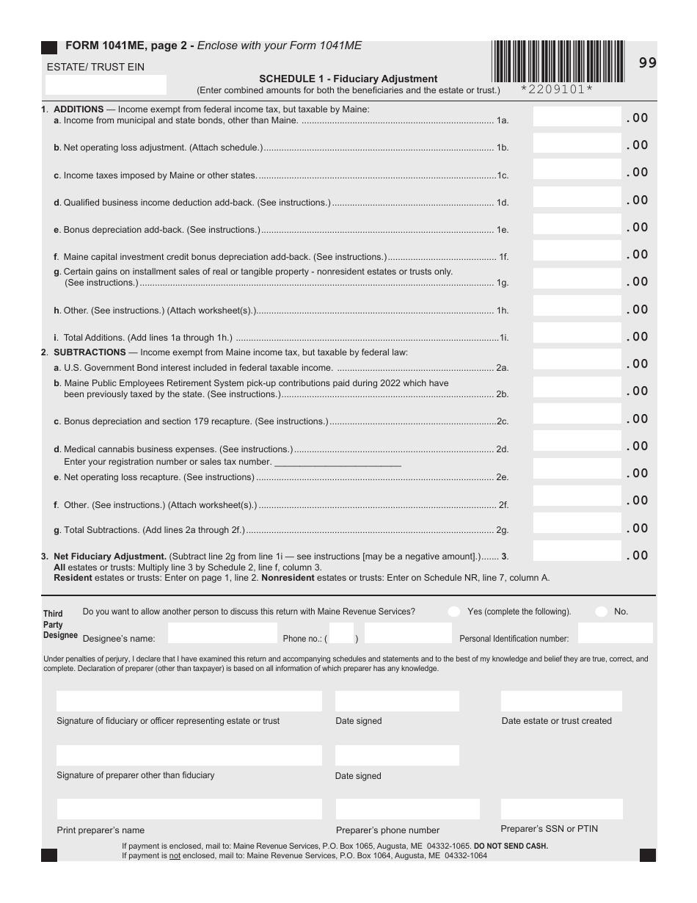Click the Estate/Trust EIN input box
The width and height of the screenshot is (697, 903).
pos(106,84)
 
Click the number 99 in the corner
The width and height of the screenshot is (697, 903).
pos(647,63)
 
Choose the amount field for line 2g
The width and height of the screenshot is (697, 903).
pos(577,526)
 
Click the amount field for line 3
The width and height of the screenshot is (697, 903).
pos(577,554)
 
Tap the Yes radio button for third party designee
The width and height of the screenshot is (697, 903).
pos(454,612)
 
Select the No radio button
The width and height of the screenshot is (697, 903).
pos(602,612)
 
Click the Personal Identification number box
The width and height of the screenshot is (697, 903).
pos(615,634)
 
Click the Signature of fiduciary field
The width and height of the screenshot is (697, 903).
pos(189,701)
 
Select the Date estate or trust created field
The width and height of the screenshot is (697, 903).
pos(562,701)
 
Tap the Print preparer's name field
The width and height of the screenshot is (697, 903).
pos(189,809)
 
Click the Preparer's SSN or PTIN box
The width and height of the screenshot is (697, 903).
pos(562,809)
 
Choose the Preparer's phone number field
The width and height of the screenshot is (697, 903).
pos(397,809)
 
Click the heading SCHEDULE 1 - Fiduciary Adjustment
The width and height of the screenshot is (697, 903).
pos(348,79)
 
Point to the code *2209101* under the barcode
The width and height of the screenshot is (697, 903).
pos(557,90)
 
